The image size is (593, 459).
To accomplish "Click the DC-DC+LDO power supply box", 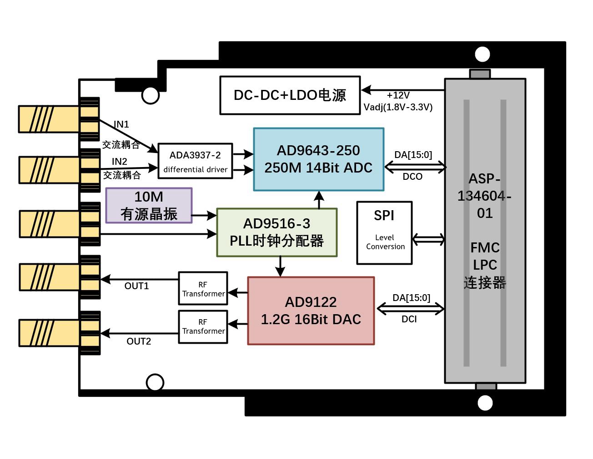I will pos(290,95).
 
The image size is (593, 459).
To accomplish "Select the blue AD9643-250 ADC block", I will pos(318,159).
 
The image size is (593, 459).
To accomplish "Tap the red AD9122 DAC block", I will pos(311,311).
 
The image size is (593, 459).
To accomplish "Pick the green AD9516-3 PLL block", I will pos(276,232).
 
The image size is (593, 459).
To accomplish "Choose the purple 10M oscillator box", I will pos(149,205).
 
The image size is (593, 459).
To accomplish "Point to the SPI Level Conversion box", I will pos(384,232).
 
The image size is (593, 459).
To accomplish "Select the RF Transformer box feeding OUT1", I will pos(203,289).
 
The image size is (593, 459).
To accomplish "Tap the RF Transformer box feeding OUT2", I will pos(203,326).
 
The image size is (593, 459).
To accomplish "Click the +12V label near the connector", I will pos(398,95).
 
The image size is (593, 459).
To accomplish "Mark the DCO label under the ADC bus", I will pos(412,177).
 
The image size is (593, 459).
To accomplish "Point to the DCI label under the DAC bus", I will pos(409,319).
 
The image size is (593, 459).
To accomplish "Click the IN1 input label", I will pos(121,124).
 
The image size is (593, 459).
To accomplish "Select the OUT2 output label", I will pos(139,341).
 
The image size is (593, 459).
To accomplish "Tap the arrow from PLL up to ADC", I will pos(319,199).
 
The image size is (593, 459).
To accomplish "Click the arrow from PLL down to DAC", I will pos(280,267).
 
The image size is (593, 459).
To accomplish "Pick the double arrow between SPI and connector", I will pos(428,239).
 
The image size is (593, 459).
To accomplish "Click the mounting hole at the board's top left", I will pos(151,95).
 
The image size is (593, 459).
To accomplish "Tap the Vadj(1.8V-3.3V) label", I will pos(398,108).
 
